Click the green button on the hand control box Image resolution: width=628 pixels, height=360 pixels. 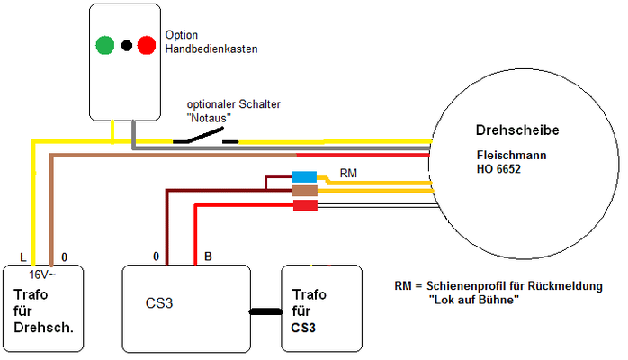(x=105, y=45)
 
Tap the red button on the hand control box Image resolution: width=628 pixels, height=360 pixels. (x=147, y=45)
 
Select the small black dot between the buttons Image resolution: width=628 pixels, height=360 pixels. (x=127, y=46)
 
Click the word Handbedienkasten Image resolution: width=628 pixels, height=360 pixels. (x=211, y=49)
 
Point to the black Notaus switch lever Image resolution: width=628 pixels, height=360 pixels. (x=205, y=134)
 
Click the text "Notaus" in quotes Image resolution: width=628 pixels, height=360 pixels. (x=209, y=118)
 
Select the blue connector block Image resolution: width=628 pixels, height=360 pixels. (x=304, y=177)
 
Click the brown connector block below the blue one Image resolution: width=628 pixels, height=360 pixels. (x=305, y=190)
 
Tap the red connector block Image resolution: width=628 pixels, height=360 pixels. (x=305, y=205)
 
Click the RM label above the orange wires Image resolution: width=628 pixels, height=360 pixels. (x=348, y=174)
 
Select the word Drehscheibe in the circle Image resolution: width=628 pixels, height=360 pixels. (x=517, y=130)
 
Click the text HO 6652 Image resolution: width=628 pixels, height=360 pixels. (x=498, y=169)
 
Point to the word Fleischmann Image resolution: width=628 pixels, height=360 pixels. (x=511, y=155)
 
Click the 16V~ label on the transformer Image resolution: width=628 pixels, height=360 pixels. (x=42, y=274)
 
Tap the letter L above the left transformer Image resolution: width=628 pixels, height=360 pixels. (x=23, y=257)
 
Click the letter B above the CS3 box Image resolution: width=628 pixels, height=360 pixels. (x=208, y=256)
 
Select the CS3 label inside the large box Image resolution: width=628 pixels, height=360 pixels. (x=159, y=303)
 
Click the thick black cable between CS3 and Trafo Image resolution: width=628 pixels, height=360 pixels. (x=266, y=311)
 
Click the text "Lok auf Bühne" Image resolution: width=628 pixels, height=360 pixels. (x=473, y=300)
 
